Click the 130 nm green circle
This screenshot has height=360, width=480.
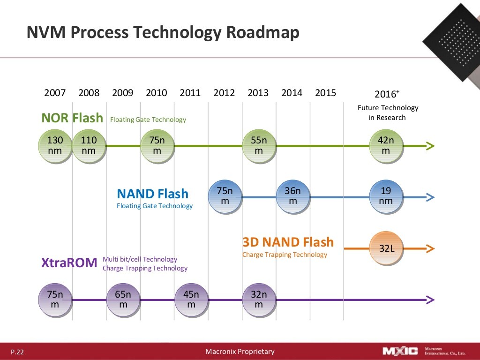[x=55, y=146]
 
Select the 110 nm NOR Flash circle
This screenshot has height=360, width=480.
[x=89, y=146]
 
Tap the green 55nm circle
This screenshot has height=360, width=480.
[x=259, y=146]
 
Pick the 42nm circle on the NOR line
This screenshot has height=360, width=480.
[x=386, y=146]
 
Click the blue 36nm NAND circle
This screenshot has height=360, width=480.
[x=292, y=196]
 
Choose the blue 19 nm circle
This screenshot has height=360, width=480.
[x=386, y=196]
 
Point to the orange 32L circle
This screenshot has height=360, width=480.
[x=387, y=248]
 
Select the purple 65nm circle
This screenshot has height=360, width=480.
[x=123, y=300]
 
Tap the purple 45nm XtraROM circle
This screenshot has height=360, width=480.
[x=191, y=300]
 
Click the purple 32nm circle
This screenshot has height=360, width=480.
[x=259, y=300]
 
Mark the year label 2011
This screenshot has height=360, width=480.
[x=190, y=93]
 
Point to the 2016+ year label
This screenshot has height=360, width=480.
[x=387, y=93]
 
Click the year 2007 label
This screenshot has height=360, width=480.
[x=55, y=93]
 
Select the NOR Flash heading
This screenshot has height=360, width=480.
[x=72, y=118]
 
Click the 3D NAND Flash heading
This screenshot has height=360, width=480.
[x=288, y=242]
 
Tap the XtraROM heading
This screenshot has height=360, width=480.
[x=69, y=263]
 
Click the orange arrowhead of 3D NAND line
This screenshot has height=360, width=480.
[x=430, y=248]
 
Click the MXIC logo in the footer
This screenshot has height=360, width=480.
[x=400, y=351]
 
